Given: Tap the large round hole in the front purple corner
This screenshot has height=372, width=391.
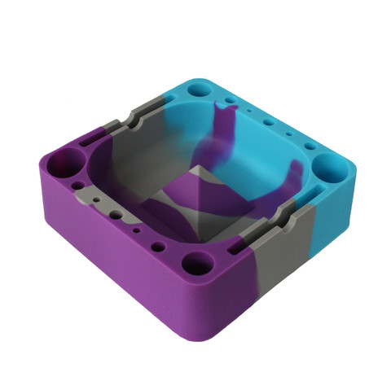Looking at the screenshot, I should (x=195, y=263).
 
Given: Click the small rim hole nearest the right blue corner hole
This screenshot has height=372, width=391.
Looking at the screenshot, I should (x=309, y=147).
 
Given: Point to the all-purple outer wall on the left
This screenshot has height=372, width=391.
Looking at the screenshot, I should (x=106, y=244).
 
